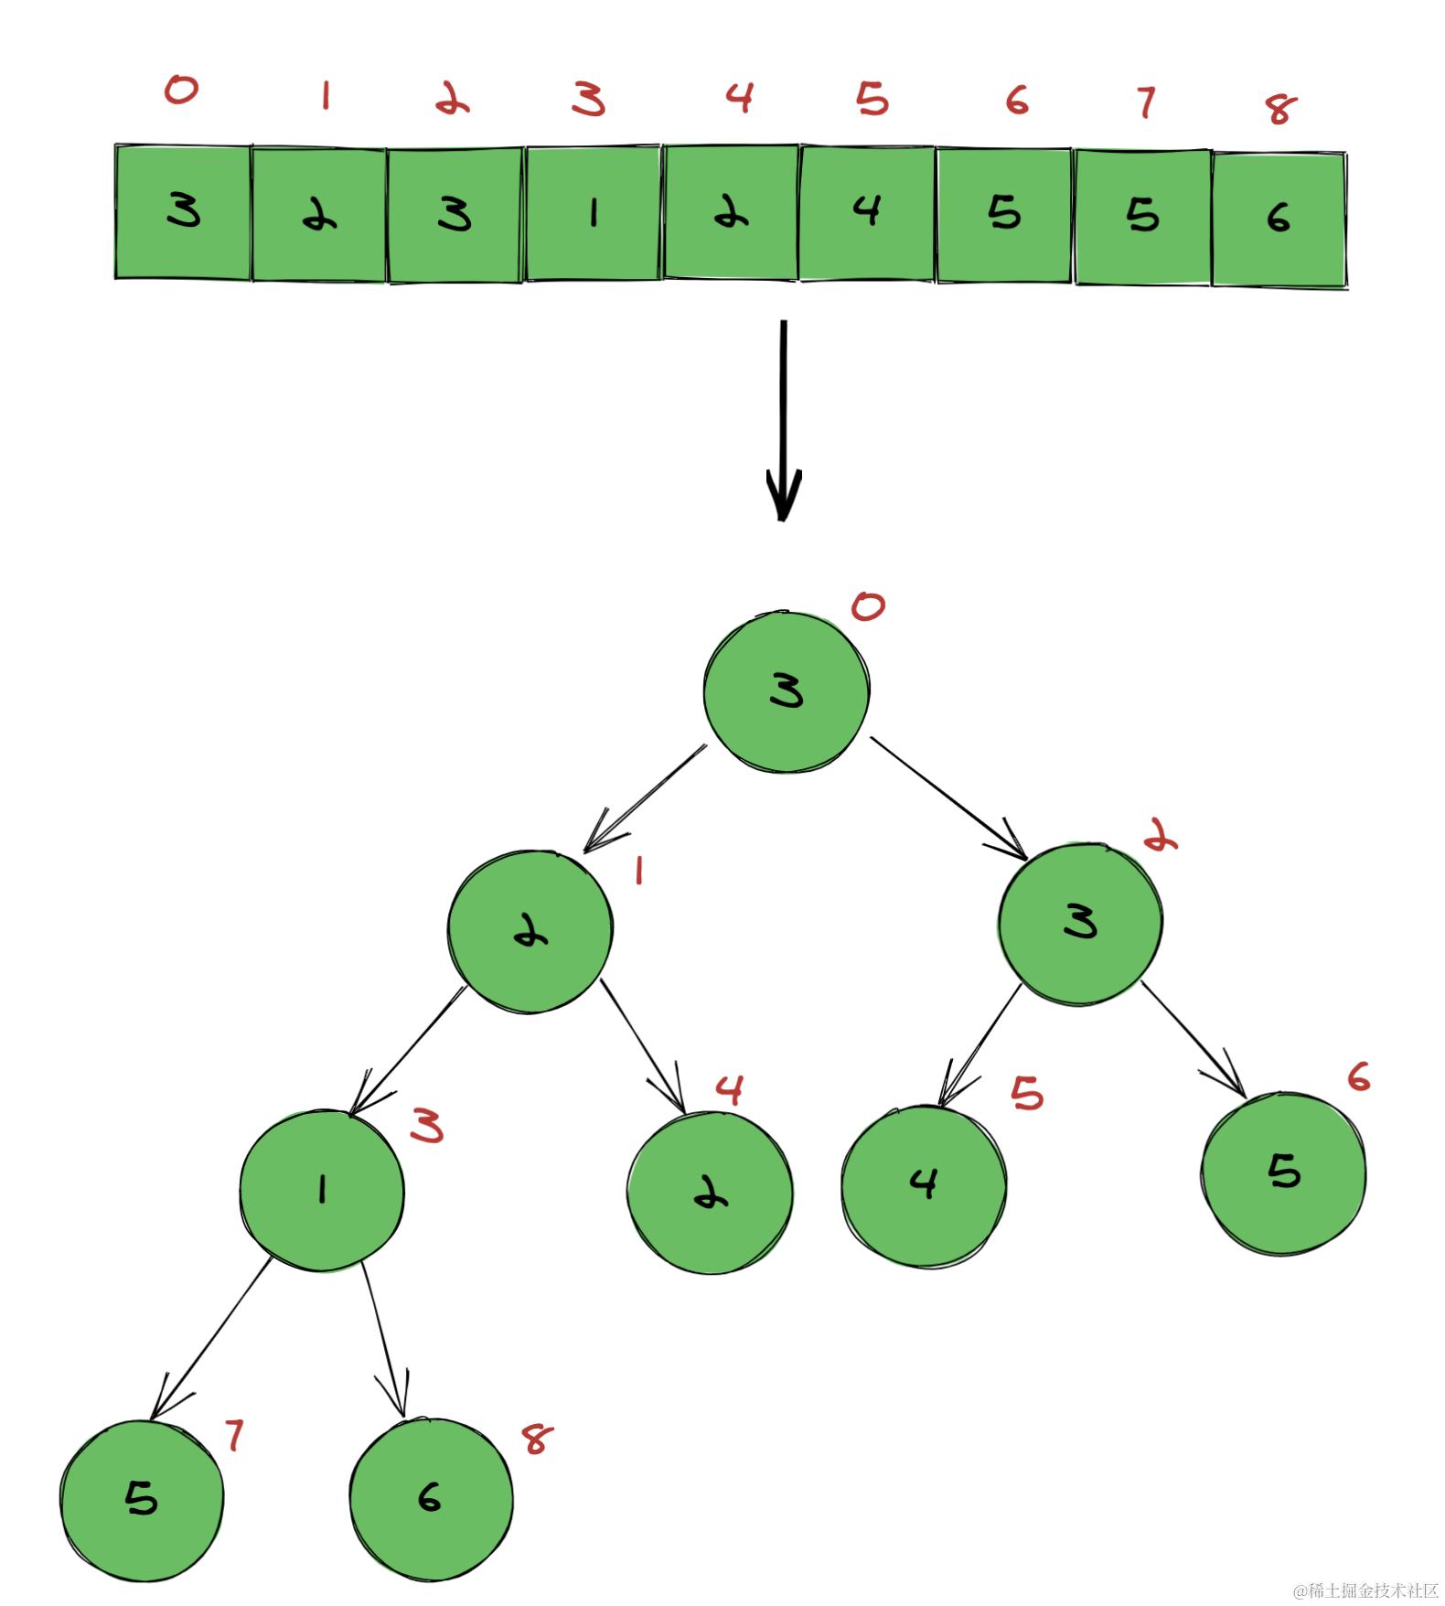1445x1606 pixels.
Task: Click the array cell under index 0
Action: [x=183, y=212]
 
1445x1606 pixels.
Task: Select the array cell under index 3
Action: [x=594, y=213]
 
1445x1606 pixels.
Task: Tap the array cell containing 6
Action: [x=1279, y=219]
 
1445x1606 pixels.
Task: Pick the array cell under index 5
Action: [x=867, y=212]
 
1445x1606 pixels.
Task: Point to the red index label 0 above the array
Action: [x=181, y=90]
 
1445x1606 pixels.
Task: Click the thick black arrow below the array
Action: [x=783, y=421]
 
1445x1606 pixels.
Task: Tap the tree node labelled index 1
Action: [x=530, y=931]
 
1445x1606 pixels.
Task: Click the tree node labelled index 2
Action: [x=1080, y=923]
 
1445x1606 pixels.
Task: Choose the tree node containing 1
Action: [x=322, y=1189]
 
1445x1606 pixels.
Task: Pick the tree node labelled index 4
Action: [x=711, y=1192]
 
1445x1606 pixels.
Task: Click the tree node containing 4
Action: [x=924, y=1185]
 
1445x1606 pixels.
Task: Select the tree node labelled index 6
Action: [x=1284, y=1172]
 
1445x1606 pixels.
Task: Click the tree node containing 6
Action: [x=431, y=1498]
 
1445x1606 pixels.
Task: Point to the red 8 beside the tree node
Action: [x=537, y=1439]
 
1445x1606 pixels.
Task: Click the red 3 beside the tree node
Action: [x=427, y=1126]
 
